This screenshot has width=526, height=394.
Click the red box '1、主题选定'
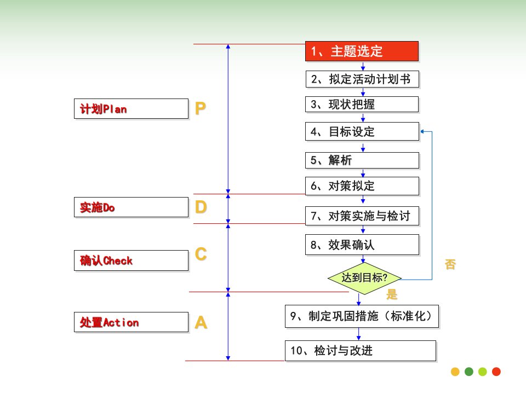click(362, 51)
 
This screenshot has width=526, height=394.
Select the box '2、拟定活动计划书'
click(362, 79)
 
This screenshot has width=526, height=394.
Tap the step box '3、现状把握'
click(362, 104)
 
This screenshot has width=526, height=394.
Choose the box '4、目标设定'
click(362, 131)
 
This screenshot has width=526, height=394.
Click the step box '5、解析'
click(362, 160)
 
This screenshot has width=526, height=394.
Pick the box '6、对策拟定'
click(362, 186)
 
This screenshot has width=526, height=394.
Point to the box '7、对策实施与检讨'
click(362, 216)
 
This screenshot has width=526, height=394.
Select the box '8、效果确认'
click(362, 245)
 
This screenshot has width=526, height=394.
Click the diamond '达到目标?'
click(364, 279)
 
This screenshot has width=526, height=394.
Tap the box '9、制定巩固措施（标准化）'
click(362, 316)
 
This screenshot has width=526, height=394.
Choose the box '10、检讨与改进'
click(361, 351)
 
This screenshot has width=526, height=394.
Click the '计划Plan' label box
click(131, 108)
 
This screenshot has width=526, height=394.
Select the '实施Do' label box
click(131, 207)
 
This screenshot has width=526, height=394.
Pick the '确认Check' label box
click(131, 260)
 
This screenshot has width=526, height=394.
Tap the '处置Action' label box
click(131, 322)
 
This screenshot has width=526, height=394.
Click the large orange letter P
click(201, 108)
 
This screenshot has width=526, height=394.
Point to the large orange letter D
click(201, 207)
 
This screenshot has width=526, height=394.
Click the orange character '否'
click(450, 264)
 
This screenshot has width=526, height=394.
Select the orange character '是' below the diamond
click(392, 294)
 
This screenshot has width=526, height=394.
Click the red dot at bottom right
click(496, 372)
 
